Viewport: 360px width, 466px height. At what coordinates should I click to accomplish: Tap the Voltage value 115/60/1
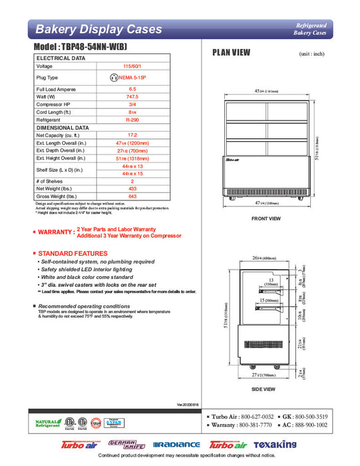pos(132,67)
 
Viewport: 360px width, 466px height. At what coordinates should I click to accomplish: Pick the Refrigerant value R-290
pos(132,120)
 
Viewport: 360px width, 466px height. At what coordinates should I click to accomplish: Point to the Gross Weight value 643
pos(132,196)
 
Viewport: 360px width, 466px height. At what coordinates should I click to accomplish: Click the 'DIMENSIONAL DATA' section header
pos(63,127)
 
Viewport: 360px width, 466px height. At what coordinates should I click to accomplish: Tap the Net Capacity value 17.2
pos(132,135)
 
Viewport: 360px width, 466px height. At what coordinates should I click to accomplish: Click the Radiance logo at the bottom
pos(176,444)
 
